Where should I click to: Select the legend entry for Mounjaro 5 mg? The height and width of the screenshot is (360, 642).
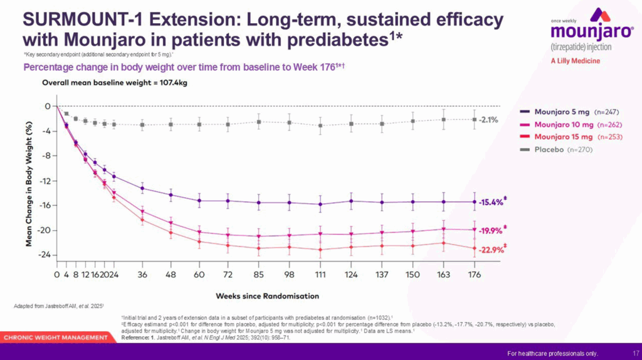coord(561,111)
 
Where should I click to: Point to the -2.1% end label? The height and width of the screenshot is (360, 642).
coord(488,119)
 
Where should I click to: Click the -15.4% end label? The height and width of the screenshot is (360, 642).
coord(491,202)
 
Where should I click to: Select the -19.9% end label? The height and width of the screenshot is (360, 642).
coord(491,230)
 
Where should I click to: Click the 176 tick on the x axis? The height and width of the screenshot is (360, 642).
coord(474,275)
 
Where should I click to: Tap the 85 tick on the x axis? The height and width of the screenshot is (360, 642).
coord(258,275)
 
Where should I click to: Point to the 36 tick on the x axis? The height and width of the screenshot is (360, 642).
coord(142,275)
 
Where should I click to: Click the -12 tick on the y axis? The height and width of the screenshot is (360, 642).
coord(43,181)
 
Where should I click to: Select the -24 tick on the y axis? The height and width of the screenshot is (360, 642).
coord(43,255)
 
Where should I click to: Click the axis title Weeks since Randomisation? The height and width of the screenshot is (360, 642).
coord(268,295)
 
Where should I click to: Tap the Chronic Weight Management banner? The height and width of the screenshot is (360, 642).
coord(56,337)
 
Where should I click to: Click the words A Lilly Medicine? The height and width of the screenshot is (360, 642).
coord(575,61)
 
